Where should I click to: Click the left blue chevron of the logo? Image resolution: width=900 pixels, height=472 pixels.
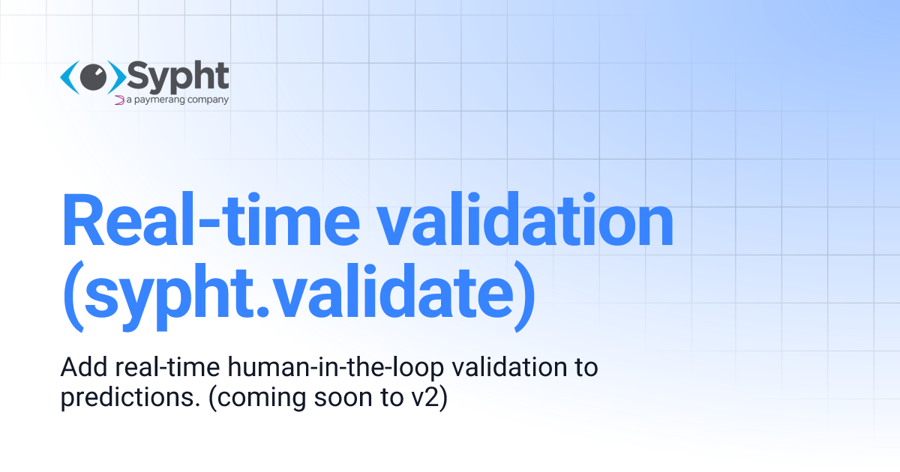pos(68,76)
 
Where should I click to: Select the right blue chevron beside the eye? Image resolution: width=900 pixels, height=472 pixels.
pos(118,76)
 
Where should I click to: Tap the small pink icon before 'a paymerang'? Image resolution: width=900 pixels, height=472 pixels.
pos(118,99)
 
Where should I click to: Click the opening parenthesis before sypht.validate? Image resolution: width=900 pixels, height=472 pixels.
pos(73,296)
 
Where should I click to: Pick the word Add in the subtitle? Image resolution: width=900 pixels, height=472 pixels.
pos(78,368)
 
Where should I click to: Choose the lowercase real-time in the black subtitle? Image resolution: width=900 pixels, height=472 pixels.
pos(153,368)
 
